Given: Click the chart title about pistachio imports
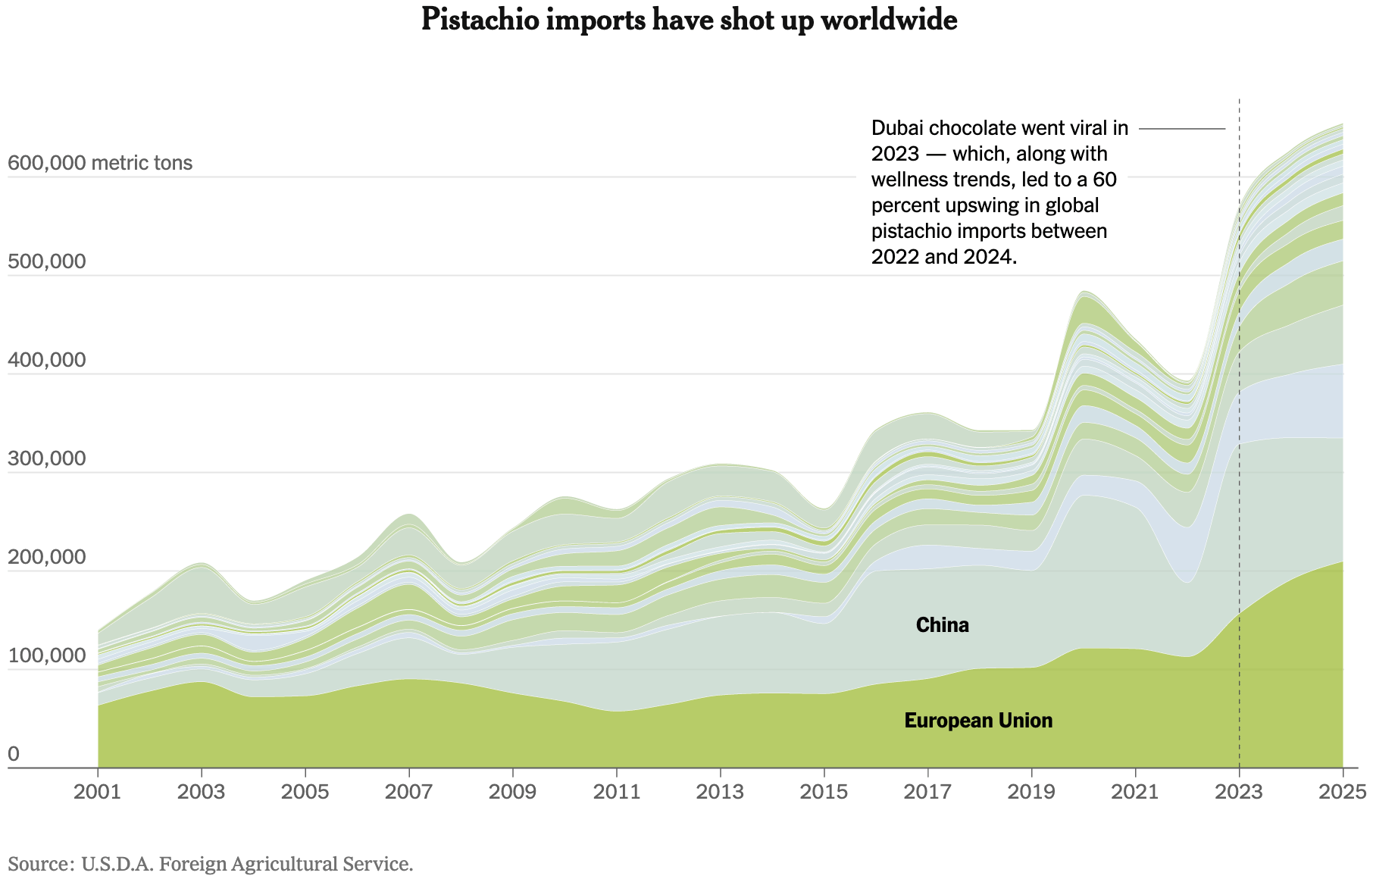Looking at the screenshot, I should click(689, 20).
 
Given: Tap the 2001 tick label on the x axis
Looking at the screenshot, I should click(98, 792).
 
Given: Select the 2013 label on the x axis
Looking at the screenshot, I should click(720, 792).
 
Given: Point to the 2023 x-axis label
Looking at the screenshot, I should click(1239, 792).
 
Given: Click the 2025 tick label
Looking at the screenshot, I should click(1342, 792).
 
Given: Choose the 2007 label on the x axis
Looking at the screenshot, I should click(409, 792).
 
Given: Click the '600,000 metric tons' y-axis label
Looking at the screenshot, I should click(99, 163).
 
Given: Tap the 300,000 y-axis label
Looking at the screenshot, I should click(46, 458).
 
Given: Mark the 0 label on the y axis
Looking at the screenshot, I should click(14, 754).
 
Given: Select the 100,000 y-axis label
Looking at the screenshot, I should click(46, 655).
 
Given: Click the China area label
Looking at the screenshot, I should click(942, 625).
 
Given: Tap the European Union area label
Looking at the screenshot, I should click(978, 721).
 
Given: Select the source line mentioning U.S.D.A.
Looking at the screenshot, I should click(211, 864).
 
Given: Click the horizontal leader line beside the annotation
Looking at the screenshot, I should click(1182, 129).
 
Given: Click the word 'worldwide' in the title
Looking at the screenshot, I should click(889, 20).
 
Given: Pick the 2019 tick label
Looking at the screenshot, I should click(1031, 792).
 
